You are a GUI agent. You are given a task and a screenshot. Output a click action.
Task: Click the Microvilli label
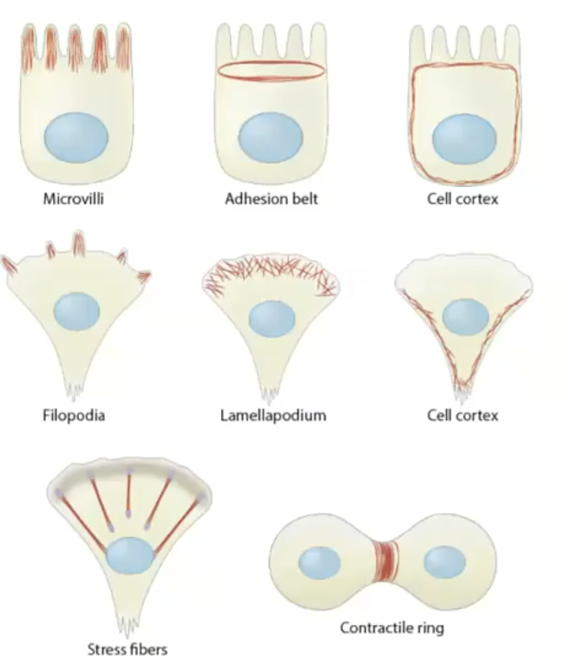(73, 199)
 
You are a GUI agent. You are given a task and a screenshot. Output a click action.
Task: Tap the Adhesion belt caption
(271, 199)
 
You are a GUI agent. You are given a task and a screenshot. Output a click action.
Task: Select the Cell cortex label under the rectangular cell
(462, 199)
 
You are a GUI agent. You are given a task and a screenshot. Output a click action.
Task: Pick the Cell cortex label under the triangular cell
(462, 415)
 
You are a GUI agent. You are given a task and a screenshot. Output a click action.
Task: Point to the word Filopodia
(74, 415)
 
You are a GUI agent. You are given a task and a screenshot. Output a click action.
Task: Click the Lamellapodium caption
(273, 415)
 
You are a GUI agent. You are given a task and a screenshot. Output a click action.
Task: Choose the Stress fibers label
(127, 649)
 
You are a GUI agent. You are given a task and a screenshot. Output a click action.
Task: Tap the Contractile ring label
(391, 628)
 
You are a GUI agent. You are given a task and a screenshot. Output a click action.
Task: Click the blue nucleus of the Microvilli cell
(76, 137)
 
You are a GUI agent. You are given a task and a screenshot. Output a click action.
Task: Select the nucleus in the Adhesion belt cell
(270, 137)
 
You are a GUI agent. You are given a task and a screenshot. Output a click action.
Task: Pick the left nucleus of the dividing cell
(319, 562)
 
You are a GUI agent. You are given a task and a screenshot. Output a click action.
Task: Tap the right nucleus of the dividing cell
(444, 562)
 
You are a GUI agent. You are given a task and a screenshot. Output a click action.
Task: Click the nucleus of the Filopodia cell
(77, 311)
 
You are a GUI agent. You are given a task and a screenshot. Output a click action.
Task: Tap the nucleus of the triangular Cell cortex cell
(465, 317)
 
